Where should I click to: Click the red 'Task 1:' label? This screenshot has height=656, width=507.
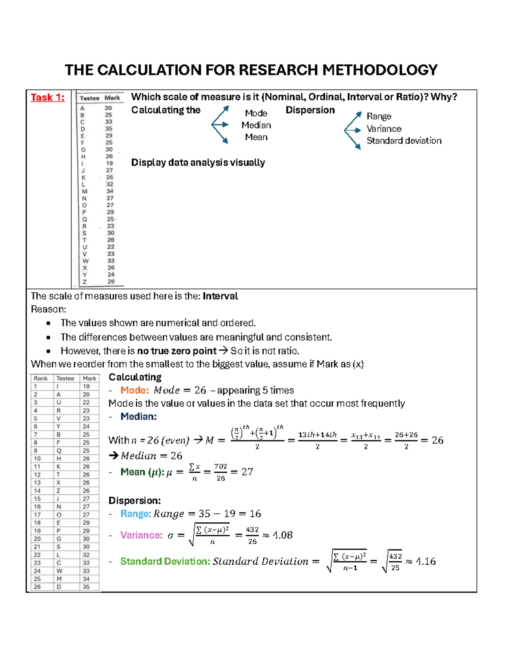tap(47, 98)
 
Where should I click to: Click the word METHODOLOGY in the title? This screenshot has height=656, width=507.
tap(380, 70)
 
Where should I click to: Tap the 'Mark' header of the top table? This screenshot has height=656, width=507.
tap(112, 98)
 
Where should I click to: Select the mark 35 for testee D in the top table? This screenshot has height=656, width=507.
tap(109, 129)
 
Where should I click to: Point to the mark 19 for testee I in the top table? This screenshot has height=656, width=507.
tap(109, 163)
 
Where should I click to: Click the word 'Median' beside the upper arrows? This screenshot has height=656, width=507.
tap(256, 125)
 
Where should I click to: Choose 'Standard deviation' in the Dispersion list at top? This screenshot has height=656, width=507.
tap(404, 141)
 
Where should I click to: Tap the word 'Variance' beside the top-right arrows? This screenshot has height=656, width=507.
tap(384, 129)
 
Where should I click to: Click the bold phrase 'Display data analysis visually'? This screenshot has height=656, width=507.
tap(198, 163)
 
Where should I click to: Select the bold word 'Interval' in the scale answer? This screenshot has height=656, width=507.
tap(220, 296)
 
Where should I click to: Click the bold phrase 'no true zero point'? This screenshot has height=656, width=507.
tap(177, 351)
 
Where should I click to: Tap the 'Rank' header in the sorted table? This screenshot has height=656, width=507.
tap(41, 378)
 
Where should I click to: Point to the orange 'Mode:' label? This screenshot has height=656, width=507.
tap(134, 390)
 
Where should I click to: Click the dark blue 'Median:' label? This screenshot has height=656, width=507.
tap(138, 416)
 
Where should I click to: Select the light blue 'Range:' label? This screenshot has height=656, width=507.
tap(135, 514)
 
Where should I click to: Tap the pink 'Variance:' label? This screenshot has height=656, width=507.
tap(141, 535)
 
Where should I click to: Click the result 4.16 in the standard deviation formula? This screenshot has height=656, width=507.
tap(425, 561)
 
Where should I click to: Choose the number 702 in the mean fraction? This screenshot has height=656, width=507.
tap(221, 466)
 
